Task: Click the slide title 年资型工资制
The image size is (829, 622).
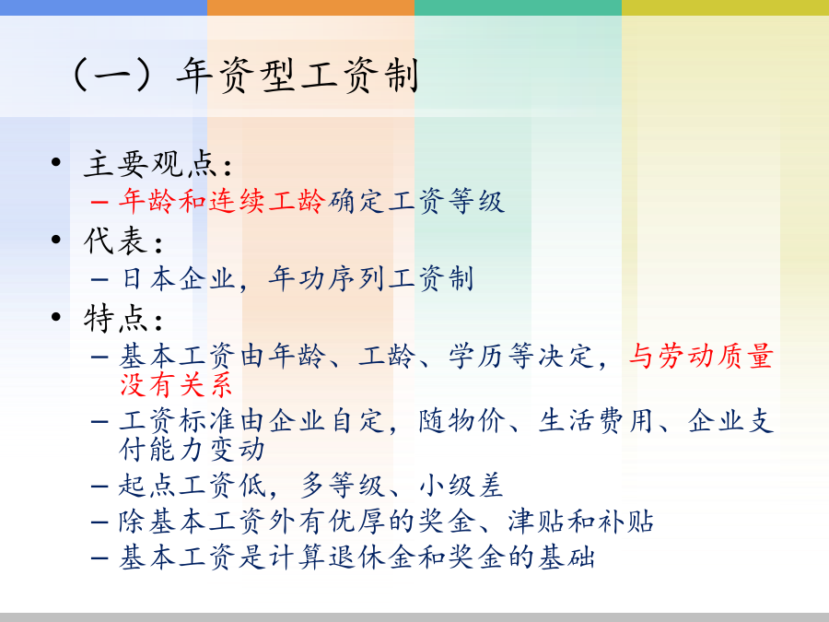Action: click(298, 76)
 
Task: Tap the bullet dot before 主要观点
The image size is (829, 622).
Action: click(56, 162)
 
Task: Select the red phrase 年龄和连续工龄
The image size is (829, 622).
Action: click(221, 202)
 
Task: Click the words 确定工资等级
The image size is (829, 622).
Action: click(415, 202)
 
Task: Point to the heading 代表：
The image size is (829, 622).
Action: click(123, 241)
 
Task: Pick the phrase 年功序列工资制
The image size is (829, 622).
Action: click(370, 278)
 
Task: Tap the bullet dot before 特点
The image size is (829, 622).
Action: click(56, 317)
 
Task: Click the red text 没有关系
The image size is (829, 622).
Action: click(176, 384)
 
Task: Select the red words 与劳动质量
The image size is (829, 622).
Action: click(701, 356)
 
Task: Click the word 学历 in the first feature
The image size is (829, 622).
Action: click(478, 356)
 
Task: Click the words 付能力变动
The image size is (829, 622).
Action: click(192, 450)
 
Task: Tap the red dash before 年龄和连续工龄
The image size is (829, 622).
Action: click(99, 202)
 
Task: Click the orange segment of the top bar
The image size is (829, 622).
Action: click(311, 7)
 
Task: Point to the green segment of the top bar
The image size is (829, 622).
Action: click(518, 7)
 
